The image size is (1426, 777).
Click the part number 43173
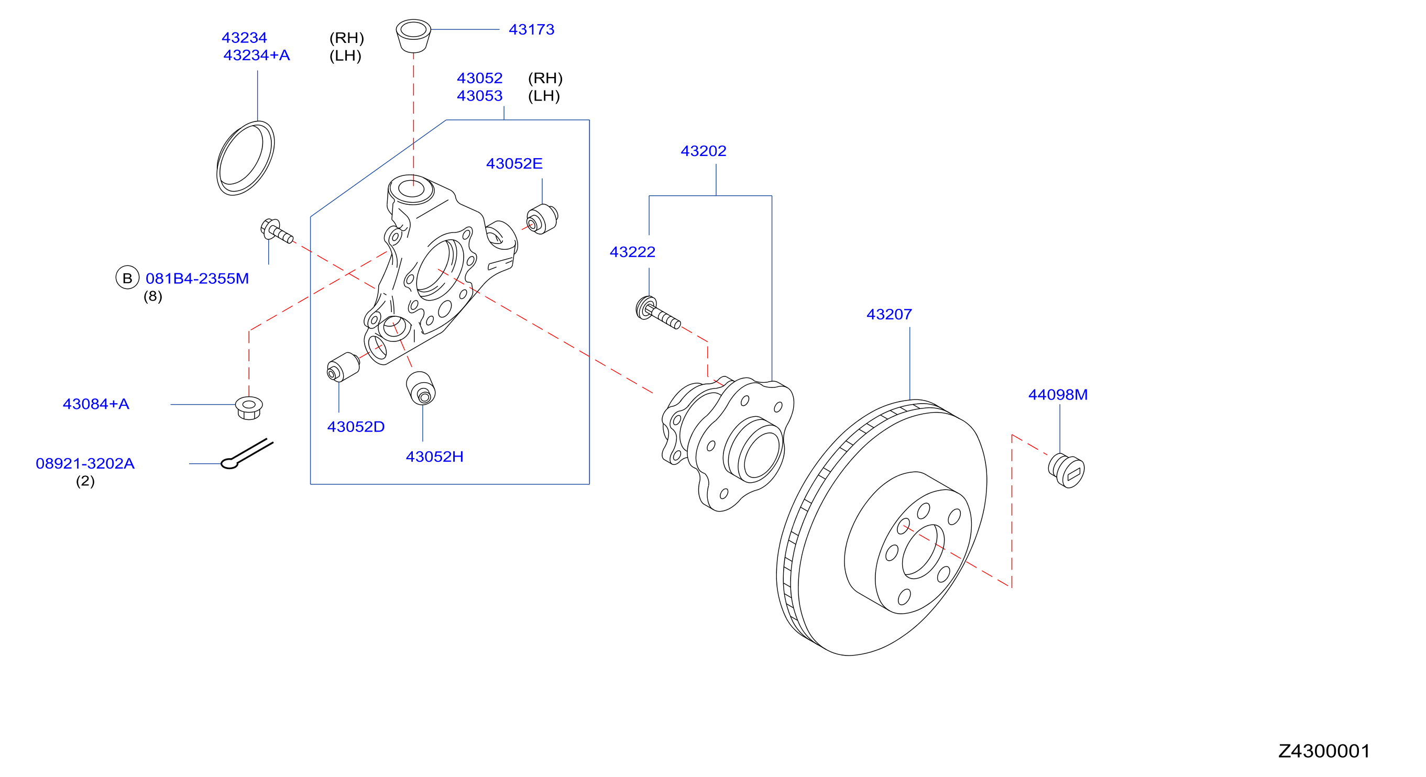click(531, 29)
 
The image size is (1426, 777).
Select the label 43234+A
click(256, 56)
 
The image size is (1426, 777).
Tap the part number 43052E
click(514, 163)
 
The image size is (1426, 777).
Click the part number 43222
click(632, 252)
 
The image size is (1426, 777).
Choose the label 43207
click(889, 314)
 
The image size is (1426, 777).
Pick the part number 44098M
click(1058, 395)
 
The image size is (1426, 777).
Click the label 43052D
click(355, 427)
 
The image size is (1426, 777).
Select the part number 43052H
click(434, 457)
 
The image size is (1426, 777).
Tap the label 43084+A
click(96, 404)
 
